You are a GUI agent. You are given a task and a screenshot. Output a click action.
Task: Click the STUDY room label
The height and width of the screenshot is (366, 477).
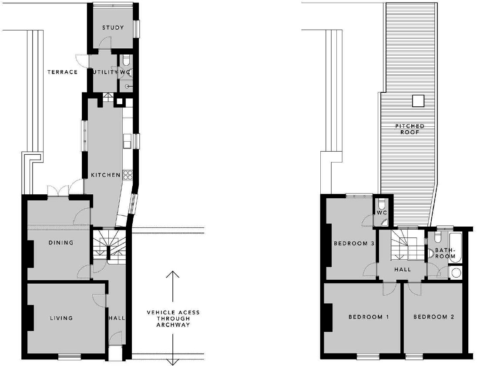click(x=113, y=28)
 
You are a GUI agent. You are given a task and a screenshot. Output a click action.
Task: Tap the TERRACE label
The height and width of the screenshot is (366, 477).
click(x=63, y=72)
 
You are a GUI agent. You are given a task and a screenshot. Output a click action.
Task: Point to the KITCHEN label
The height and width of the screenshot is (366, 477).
click(x=105, y=175)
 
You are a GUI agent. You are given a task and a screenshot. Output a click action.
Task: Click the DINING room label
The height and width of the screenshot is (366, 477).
click(x=60, y=243)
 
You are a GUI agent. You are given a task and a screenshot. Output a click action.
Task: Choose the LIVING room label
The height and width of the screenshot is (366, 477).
click(x=60, y=318)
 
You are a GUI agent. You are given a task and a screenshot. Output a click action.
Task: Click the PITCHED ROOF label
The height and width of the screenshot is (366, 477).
click(x=410, y=129)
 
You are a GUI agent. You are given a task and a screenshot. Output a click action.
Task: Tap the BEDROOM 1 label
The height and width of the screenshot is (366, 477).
click(x=368, y=317)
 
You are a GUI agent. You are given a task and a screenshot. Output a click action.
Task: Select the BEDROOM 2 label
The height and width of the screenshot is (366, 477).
click(x=433, y=317)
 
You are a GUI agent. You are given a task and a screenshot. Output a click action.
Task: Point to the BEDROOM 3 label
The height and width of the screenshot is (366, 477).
click(x=354, y=244)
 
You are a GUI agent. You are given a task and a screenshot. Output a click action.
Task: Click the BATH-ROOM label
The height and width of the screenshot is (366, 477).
click(x=445, y=253)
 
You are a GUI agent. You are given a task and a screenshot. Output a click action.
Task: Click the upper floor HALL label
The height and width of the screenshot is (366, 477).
click(x=402, y=269)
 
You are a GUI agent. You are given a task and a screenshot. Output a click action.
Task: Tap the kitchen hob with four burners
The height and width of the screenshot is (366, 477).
click(x=128, y=175)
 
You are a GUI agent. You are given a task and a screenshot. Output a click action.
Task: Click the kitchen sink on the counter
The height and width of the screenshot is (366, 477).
click(x=127, y=141)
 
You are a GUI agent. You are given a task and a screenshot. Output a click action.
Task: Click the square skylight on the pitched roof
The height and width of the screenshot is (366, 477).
click(x=418, y=101)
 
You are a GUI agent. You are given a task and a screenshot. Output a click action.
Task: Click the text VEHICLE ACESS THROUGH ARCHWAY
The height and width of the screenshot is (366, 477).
click(x=173, y=319)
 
